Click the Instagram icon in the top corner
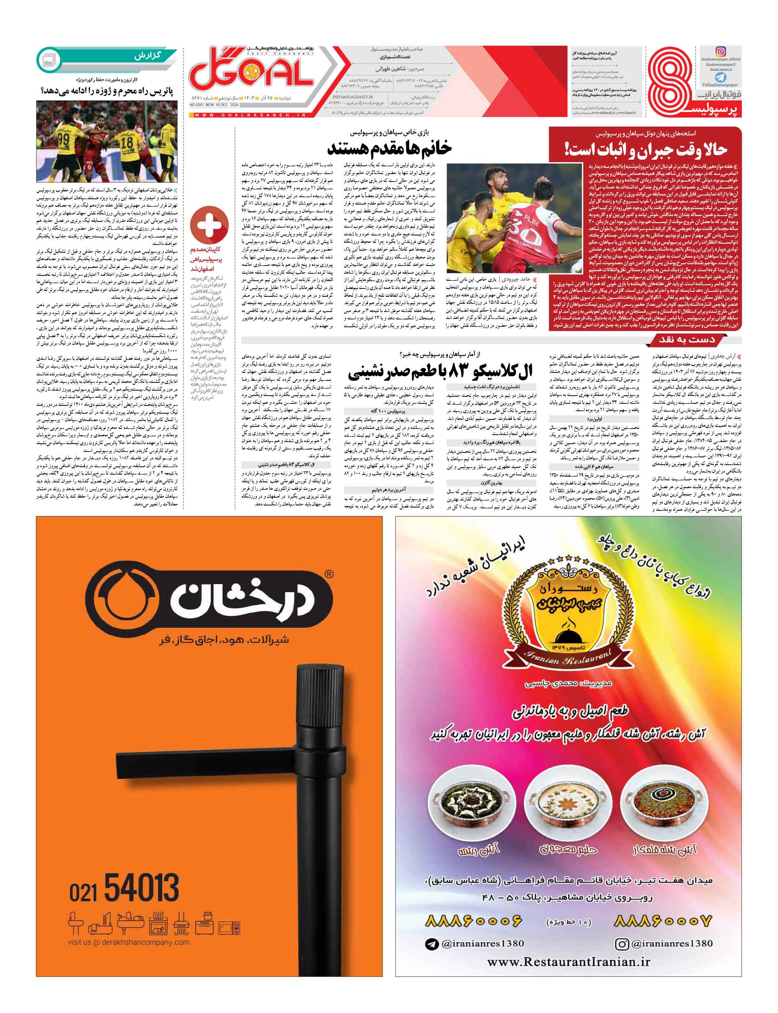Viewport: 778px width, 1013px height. tap(720, 51)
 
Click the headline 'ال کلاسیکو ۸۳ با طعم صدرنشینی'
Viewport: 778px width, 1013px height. tap(440, 370)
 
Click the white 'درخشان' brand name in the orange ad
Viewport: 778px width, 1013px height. tap(241, 600)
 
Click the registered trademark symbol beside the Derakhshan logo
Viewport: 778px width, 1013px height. tap(329, 574)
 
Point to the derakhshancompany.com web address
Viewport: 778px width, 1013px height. tap(128, 942)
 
